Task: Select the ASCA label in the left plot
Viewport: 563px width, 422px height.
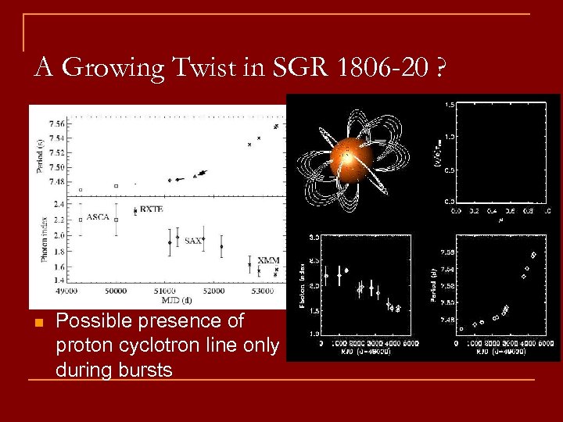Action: [x=98, y=216]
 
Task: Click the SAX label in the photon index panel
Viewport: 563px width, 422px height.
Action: [x=192, y=241]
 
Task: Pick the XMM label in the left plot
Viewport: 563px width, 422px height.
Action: [x=268, y=260]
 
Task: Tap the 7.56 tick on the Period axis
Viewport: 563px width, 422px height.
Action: [x=56, y=124]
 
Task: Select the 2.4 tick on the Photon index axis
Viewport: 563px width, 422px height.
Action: [x=59, y=204]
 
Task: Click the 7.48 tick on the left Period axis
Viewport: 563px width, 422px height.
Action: [x=56, y=182]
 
